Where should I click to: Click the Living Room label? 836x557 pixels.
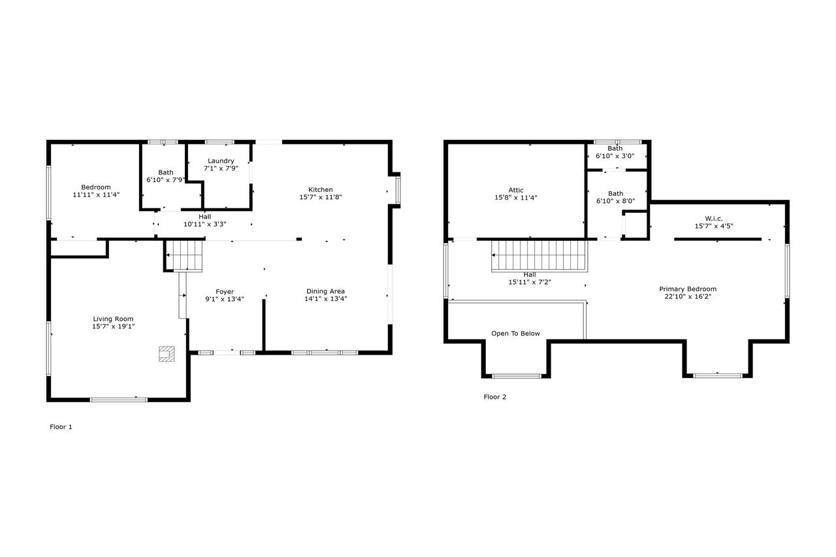click(113, 319)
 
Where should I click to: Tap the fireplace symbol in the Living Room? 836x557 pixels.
click(167, 354)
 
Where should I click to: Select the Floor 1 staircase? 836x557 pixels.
click(184, 255)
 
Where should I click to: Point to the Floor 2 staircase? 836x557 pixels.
click(539, 255)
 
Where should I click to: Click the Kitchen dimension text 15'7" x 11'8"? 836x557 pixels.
click(321, 197)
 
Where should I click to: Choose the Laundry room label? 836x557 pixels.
click(221, 161)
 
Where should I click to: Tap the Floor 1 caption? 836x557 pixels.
click(61, 427)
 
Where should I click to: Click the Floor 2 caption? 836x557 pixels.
click(495, 397)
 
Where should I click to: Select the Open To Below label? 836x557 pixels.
click(515, 334)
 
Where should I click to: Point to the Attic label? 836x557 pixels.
click(516, 190)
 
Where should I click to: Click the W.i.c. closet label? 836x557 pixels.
click(714, 219)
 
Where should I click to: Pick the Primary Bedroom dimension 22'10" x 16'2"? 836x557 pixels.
click(688, 296)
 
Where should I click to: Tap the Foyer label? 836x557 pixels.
click(225, 292)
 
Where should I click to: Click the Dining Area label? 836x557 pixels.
click(325, 291)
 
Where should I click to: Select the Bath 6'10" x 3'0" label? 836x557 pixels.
click(615, 152)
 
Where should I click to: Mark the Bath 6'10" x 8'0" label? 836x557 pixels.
click(615, 197)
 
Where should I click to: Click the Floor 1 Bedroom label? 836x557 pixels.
click(96, 187)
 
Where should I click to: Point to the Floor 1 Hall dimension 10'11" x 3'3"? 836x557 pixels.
click(205, 224)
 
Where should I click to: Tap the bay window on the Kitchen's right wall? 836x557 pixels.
click(398, 190)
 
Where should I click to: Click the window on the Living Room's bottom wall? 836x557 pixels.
click(119, 400)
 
